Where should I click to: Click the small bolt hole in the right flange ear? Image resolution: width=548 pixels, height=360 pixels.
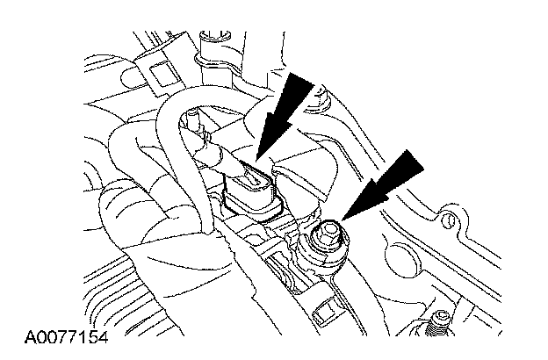tap(451, 216)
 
